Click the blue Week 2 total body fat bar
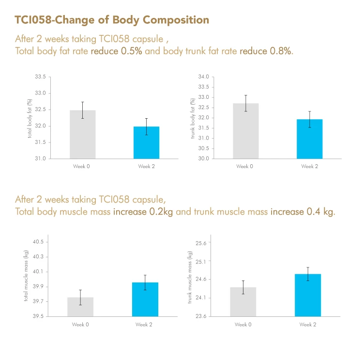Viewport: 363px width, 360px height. [x=147, y=142]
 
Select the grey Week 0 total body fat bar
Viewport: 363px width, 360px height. [x=82, y=134]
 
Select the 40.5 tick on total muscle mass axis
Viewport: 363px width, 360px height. [x=38, y=242]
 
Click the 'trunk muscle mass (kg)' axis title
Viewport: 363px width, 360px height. [x=190, y=277]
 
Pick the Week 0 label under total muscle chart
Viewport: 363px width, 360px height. [x=80, y=325]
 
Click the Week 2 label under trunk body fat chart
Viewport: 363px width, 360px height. [x=310, y=167]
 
